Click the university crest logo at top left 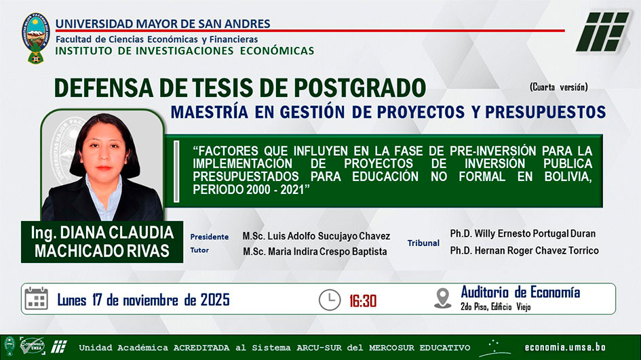35,37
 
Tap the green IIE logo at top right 602,31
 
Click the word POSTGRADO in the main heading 360,88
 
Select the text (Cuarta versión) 558,87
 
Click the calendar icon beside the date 37,299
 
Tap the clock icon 330,300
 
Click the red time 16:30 363,301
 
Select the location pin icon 443,298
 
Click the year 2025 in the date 214,300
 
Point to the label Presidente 210,237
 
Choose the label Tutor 199,250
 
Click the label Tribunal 423,243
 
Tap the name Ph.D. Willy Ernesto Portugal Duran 523,234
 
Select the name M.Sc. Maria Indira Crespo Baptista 315,252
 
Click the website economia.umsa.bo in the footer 565,348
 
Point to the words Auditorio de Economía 520,292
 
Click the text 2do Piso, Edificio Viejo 495,307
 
